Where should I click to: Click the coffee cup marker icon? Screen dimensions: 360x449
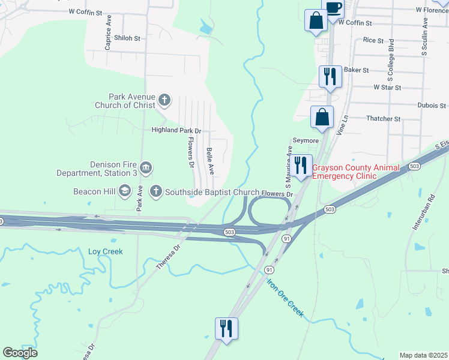334,7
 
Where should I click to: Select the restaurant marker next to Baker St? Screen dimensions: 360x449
330,76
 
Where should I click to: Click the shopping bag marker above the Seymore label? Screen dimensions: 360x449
322,116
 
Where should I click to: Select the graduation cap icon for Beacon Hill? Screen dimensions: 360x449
124,191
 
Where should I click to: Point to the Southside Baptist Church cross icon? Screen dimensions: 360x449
155,191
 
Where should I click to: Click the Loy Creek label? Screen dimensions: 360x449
106,251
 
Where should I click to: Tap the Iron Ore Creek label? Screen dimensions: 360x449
286,298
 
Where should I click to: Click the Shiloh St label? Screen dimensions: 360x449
127,38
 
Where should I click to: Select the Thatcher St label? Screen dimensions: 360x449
384,119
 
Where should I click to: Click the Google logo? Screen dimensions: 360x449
20,353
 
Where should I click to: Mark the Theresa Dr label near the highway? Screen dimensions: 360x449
169,256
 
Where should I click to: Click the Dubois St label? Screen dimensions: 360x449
431,105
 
